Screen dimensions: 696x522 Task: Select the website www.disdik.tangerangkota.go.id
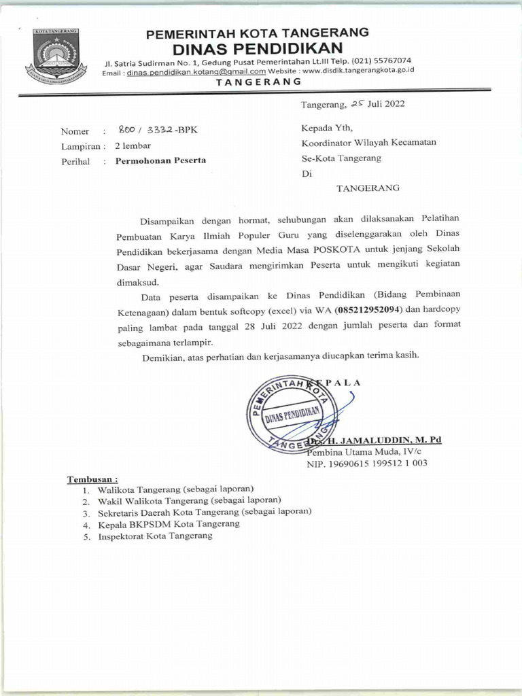[x=358, y=70]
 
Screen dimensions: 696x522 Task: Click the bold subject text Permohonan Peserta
[x=160, y=161]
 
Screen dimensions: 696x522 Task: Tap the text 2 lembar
[x=133, y=145]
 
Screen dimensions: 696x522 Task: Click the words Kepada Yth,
[x=327, y=127]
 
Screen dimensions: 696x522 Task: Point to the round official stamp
[x=291, y=415]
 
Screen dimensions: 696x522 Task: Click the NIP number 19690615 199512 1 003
[x=367, y=464]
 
